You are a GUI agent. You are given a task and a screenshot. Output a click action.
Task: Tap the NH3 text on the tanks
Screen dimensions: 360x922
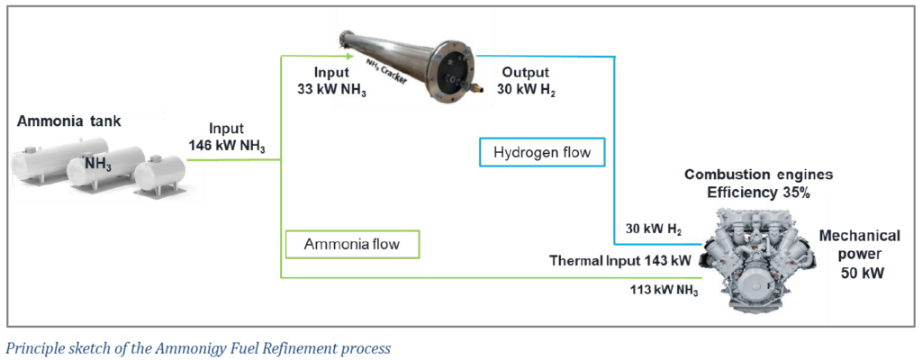(96, 164)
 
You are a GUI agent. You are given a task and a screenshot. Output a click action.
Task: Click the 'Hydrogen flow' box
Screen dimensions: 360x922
(542, 152)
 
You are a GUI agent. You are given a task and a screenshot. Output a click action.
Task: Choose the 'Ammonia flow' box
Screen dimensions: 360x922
(352, 245)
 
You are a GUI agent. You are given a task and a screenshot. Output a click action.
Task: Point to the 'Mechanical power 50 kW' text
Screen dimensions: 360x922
(859, 254)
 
